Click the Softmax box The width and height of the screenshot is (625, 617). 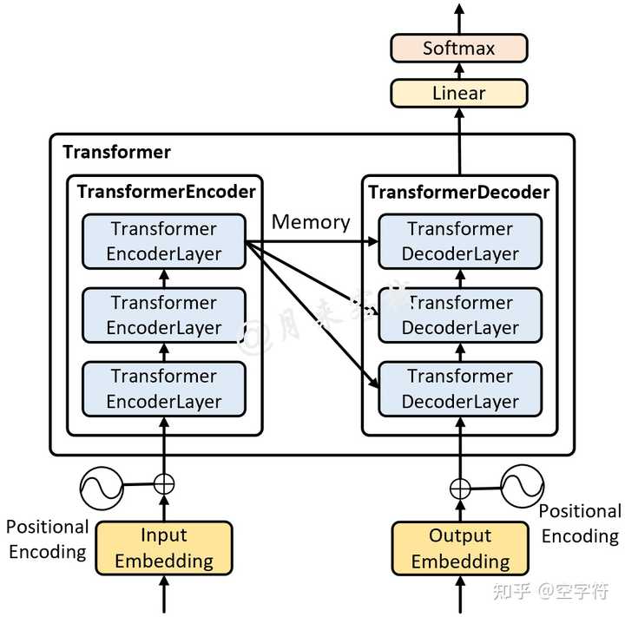[458, 48]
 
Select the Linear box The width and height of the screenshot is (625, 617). [458, 93]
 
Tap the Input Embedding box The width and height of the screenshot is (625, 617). [163, 548]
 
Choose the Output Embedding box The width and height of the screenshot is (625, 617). [460, 548]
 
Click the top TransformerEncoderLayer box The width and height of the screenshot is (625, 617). [163, 241]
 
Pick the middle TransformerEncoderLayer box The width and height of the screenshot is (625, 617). [163, 315]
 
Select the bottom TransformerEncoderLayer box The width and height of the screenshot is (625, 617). [163, 389]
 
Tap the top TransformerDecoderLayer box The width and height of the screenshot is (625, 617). [460, 241]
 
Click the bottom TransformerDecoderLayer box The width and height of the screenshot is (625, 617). [460, 389]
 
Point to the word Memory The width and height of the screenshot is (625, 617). [311, 222]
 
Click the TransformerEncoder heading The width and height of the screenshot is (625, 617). [167, 192]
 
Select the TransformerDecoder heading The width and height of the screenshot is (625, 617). [459, 192]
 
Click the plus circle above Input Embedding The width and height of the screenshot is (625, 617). [164, 484]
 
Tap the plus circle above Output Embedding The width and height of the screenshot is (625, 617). [460, 489]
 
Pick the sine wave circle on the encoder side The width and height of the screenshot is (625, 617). [99, 487]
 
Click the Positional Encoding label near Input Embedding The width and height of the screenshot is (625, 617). [48, 539]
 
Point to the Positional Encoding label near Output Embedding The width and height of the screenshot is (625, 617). [580, 523]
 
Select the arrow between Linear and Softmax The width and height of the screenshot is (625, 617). [459, 70]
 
